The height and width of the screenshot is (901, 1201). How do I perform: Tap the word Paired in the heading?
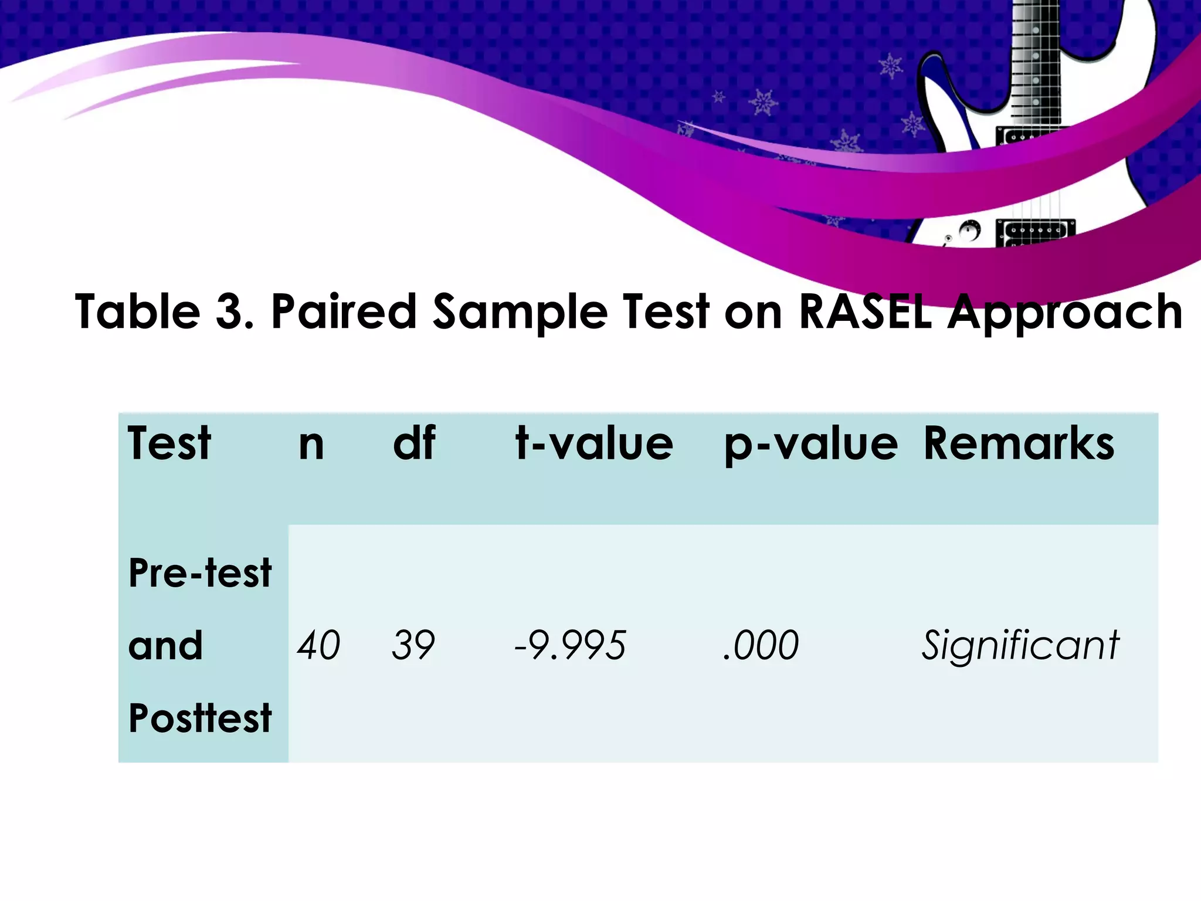[344, 311]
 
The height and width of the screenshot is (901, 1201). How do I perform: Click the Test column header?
[169, 443]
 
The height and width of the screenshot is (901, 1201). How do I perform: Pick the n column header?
[311, 444]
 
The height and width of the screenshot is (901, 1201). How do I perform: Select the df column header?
[414, 443]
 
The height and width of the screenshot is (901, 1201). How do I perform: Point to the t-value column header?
[594, 444]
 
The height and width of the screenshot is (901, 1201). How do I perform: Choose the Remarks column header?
[1019, 443]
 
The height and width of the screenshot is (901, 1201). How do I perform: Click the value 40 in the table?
[318, 645]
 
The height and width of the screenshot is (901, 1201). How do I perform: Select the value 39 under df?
[413, 645]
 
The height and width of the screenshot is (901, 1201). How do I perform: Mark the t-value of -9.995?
[570, 645]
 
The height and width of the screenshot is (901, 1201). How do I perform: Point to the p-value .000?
[761, 645]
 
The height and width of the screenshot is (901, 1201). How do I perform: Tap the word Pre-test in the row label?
[200, 573]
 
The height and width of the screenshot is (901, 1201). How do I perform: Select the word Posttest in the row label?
[200, 718]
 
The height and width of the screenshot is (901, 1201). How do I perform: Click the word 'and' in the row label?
[165, 645]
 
